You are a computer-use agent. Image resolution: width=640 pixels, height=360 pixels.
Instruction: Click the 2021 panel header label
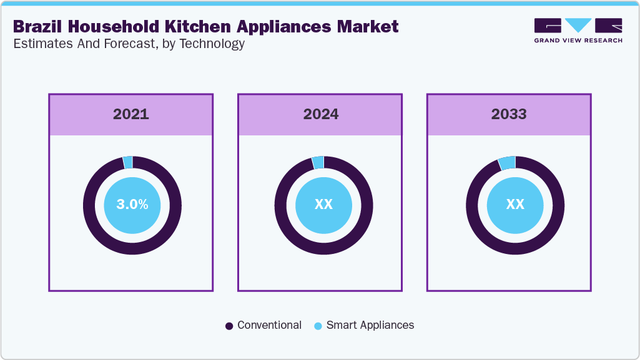[131, 114]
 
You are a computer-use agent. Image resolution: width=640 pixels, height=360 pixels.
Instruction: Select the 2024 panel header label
[321, 114]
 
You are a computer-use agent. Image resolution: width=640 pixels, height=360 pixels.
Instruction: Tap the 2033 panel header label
[509, 114]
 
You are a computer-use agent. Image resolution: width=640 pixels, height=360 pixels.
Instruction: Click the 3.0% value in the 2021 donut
[132, 205]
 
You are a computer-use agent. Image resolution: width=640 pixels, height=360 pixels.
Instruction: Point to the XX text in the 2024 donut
[323, 205]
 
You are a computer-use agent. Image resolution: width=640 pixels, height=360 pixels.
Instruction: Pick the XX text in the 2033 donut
[514, 205]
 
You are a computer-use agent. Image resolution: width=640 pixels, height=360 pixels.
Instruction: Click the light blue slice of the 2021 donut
[128, 162]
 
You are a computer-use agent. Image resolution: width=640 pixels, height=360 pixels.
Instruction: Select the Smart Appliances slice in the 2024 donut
[318, 162]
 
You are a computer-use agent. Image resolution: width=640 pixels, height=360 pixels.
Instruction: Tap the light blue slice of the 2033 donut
[507, 163]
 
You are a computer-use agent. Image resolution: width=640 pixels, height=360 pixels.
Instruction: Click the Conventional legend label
[269, 325]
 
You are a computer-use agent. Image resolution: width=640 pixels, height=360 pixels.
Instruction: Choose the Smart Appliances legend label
[370, 325]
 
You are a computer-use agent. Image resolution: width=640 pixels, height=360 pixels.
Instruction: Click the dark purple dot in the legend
[229, 326]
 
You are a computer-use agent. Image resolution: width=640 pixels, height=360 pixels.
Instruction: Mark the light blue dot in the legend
[318, 326]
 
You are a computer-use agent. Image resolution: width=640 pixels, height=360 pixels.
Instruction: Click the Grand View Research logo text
[578, 41]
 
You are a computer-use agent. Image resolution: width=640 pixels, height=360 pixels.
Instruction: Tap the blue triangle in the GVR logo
[578, 25]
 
